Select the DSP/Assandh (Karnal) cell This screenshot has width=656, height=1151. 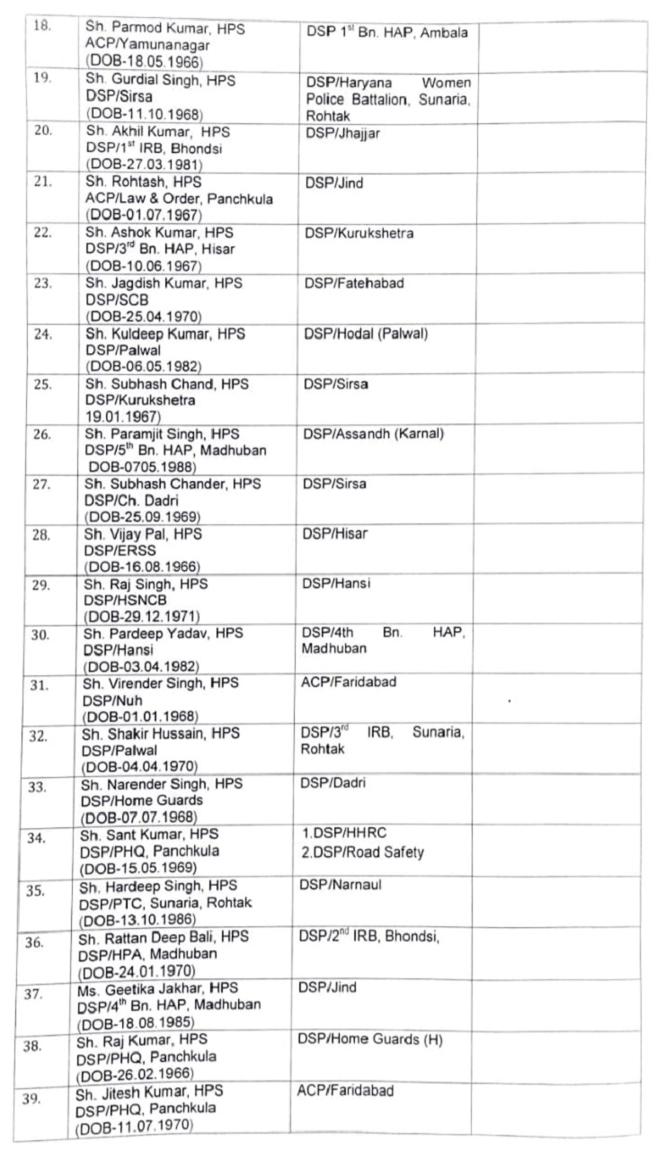pyautogui.click(x=373, y=434)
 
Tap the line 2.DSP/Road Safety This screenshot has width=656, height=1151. pyautogui.click(x=362, y=852)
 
